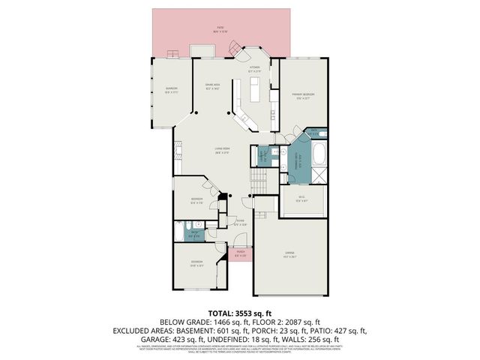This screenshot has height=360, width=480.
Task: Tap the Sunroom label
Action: [172, 91]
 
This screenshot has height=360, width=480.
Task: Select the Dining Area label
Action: [212, 87]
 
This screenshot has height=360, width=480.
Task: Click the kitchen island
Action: [253, 91]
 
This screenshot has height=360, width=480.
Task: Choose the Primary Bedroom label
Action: [303, 95]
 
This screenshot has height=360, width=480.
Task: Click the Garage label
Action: [289, 255]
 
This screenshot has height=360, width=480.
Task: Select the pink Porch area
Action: [239, 253]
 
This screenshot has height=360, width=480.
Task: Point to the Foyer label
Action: [240, 223]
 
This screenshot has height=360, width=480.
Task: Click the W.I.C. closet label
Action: [301, 199]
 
